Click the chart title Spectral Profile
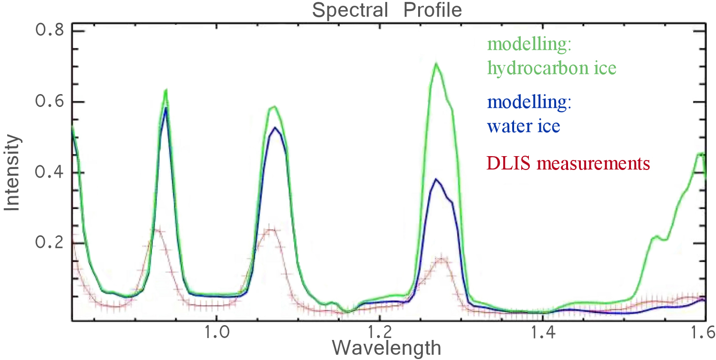(x=387, y=10)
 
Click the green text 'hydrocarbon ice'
(x=552, y=68)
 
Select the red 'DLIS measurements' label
(x=569, y=164)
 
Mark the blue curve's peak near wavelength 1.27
(x=435, y=180)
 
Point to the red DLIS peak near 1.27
(x=442, y=259)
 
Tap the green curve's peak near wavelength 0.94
(x=166, y=90)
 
